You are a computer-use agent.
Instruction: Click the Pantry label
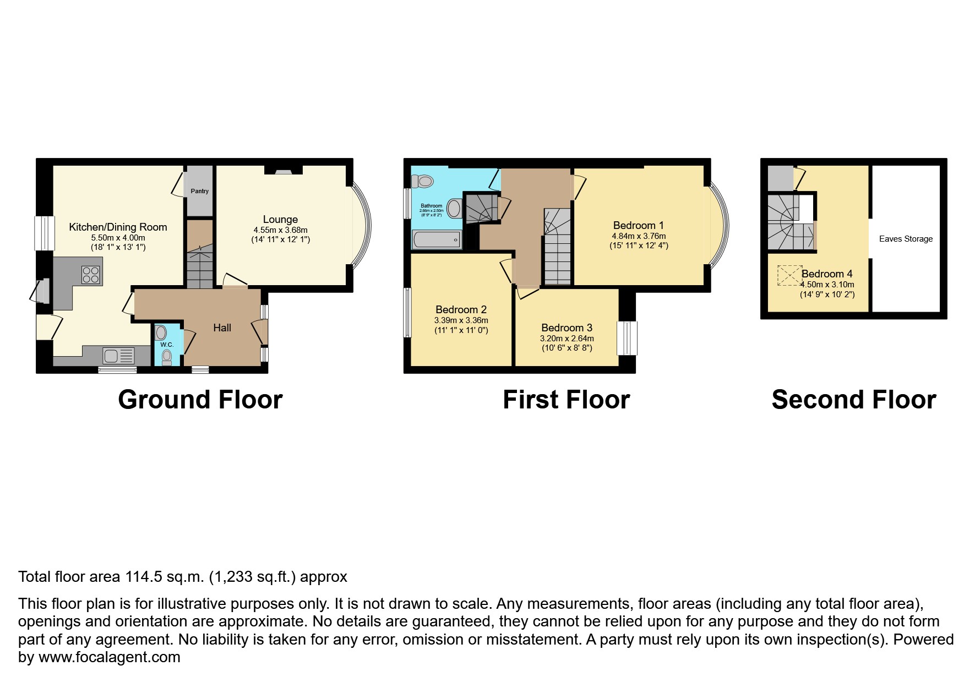pos(199,191)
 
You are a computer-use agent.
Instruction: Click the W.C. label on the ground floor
pos(167,345)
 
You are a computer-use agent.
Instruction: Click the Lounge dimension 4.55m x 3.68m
pos(280,230)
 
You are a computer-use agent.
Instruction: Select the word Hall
pos(222,328)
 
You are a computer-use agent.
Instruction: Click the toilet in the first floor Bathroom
pos(424,181)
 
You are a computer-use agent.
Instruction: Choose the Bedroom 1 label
pos(638,225)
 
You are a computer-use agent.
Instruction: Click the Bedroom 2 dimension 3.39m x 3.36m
pos(461,320)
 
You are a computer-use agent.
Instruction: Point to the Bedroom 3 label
pos(567,328)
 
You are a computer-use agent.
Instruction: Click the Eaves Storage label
pos(906,239)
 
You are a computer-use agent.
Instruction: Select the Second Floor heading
pos(853,400)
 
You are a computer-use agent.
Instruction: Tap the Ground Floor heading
pos(200,400)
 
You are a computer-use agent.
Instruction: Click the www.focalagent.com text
pos(109,657)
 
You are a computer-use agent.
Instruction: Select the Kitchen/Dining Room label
pos(118,227)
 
